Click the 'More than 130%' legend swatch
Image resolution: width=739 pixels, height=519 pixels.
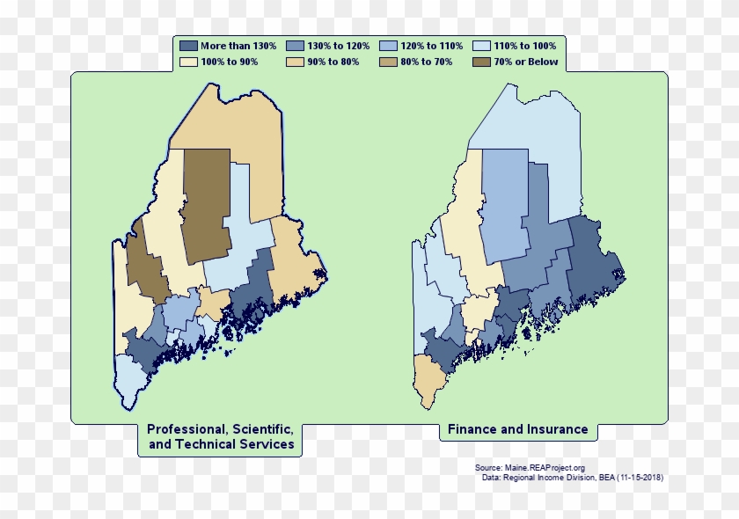pos(188,45)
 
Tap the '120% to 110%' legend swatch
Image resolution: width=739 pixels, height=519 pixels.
pos(389,45)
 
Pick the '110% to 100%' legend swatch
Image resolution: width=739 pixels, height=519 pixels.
pos(482,45)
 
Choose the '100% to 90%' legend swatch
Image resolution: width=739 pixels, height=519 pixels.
pos(188,62)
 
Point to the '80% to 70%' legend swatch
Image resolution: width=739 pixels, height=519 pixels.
pos(389,62)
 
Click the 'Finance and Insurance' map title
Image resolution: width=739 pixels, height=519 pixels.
pos(517,430)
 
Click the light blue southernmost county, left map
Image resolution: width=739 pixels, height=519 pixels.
pos(128,378)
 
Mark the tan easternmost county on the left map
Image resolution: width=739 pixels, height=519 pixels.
pos(295,264)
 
